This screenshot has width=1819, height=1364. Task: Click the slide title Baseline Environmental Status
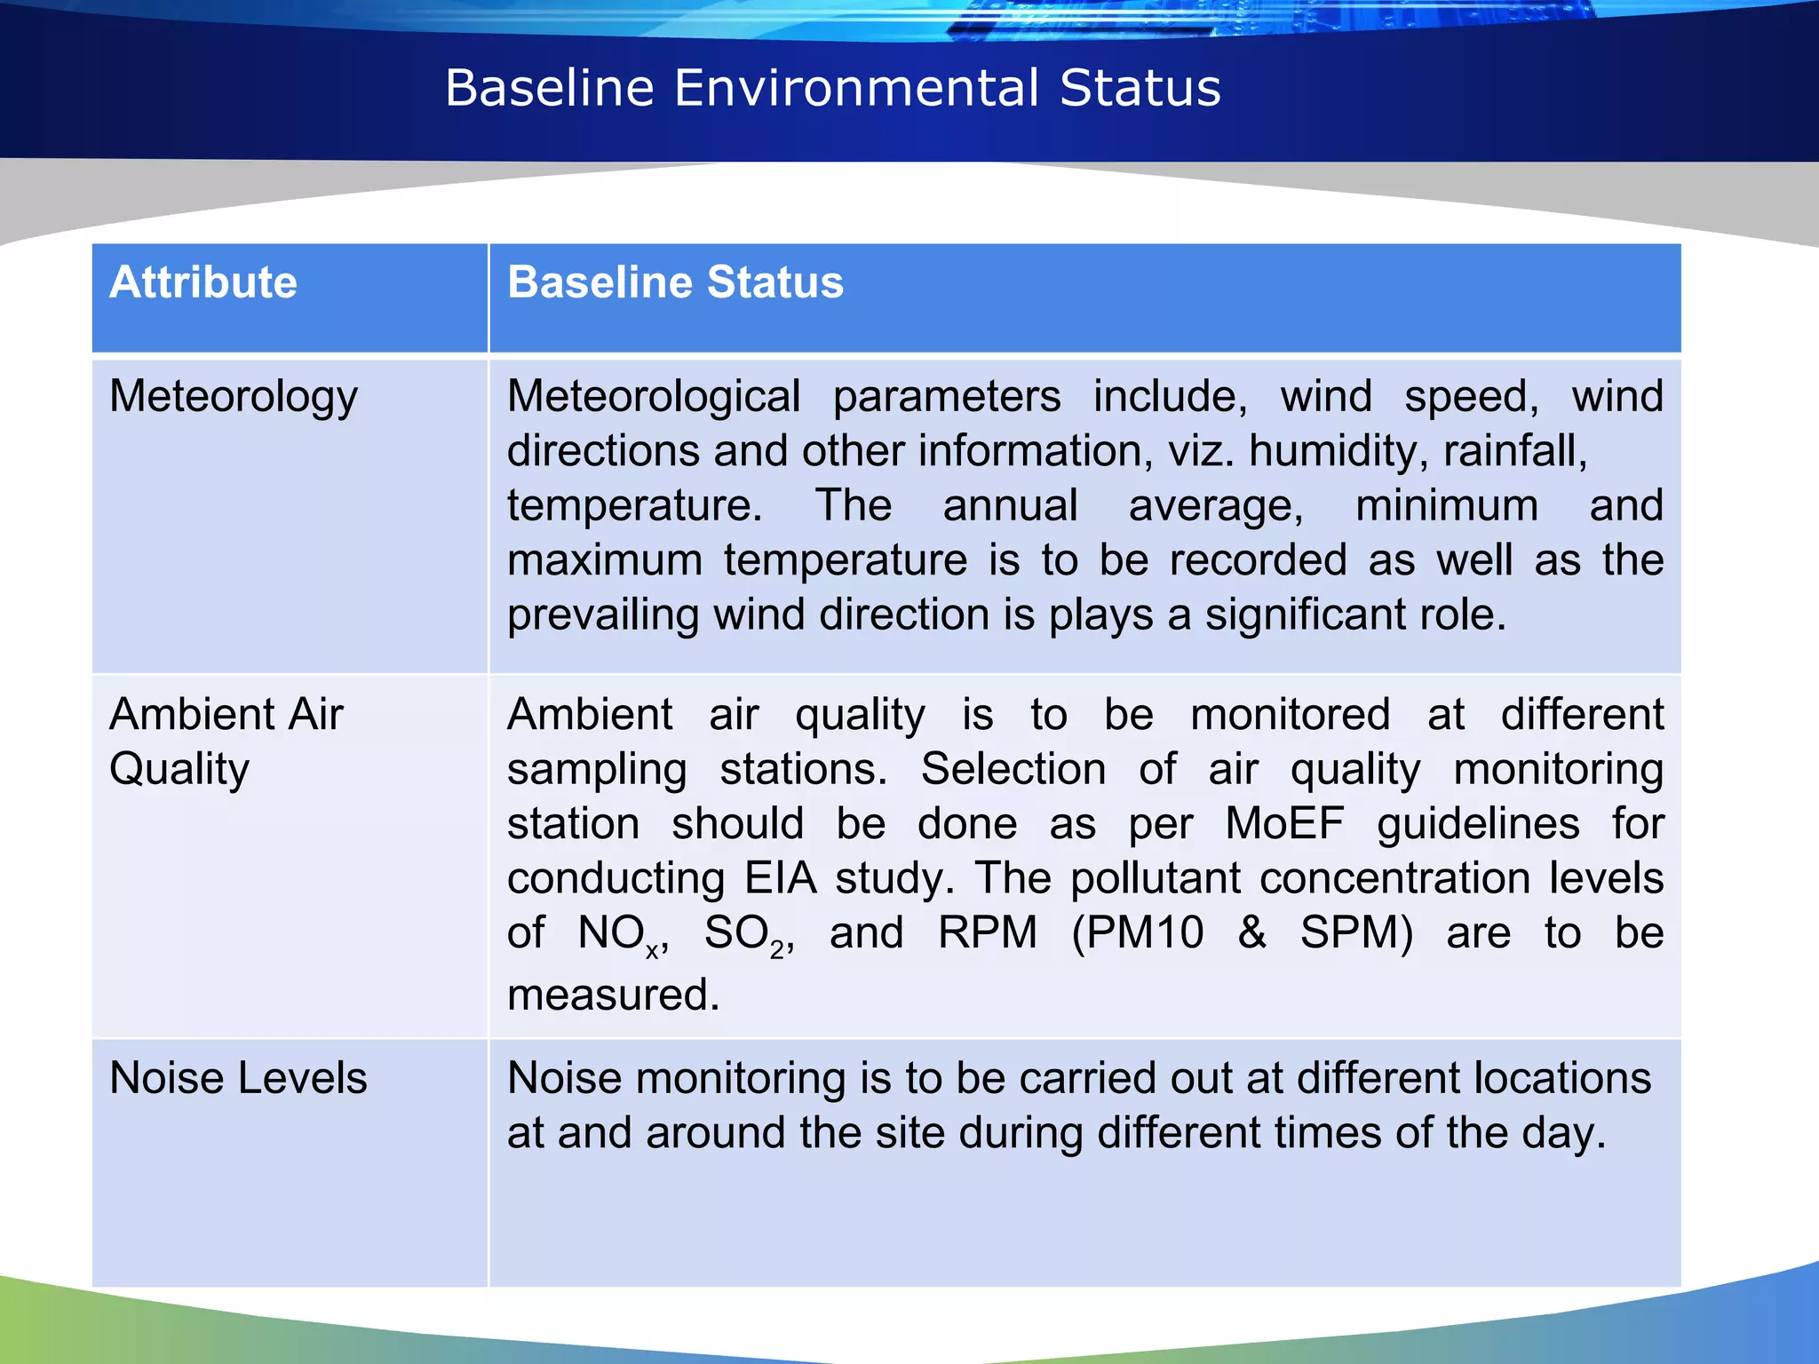832,88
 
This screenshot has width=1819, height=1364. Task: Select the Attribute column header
203,282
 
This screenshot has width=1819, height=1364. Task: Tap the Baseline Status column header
675,282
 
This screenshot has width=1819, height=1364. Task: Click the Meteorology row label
233,396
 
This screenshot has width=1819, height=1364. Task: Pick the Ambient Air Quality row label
226,741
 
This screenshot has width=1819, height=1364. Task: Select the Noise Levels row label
237,1078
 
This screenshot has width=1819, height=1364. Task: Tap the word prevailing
602,615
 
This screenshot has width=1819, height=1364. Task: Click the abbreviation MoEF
1284,823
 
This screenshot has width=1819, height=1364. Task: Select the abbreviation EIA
780,878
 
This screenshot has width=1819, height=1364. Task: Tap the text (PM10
1138,933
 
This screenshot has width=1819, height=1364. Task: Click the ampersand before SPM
1252,933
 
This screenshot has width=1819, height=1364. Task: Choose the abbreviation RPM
988,933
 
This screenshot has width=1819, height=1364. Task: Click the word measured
613,995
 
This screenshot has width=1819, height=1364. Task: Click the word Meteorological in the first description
654,396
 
